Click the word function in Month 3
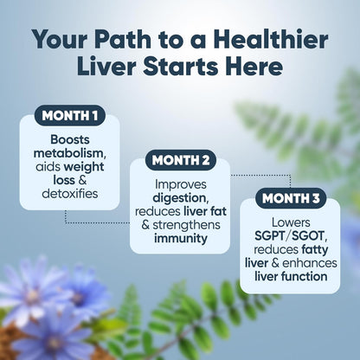pos(304,276)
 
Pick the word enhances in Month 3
pos(308,262)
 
